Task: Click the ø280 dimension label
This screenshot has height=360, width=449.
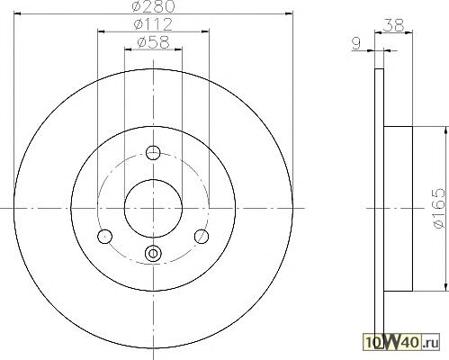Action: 153,6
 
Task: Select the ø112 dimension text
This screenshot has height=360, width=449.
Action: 153,24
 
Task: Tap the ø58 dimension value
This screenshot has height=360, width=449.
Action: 153,42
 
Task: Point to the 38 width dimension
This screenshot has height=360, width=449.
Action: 394,25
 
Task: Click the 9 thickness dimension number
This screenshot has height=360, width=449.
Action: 356,44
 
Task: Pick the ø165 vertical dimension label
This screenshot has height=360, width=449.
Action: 439,208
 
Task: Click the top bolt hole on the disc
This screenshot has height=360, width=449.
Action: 153,153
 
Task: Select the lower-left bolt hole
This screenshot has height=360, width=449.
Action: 104,237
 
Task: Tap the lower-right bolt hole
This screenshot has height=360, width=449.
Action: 202,237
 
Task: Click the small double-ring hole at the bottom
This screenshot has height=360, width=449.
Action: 153,254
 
